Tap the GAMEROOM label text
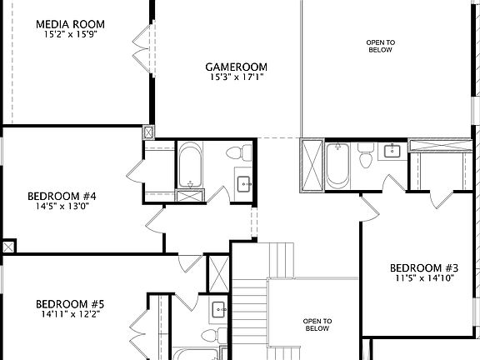(x=237, y=67)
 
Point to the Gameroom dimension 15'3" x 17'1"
(x=237, y=77)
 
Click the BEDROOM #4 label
(x=62, y=196)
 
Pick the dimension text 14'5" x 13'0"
(x=62, y=206)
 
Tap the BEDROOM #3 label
(x=424, y=267)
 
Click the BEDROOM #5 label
(x=69, y=304)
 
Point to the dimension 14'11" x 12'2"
(x=69, y=315)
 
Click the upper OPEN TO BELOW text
(x=380, y=45)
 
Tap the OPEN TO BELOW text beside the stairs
(x=317, y=324)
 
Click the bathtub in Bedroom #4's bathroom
(x=190, y=166)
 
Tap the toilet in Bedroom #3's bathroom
(x=365, y=155)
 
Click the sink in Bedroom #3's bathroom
(x=392, y=151)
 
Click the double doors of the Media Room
(x=143, y=43)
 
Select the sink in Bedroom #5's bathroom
(x=218, y=309)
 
